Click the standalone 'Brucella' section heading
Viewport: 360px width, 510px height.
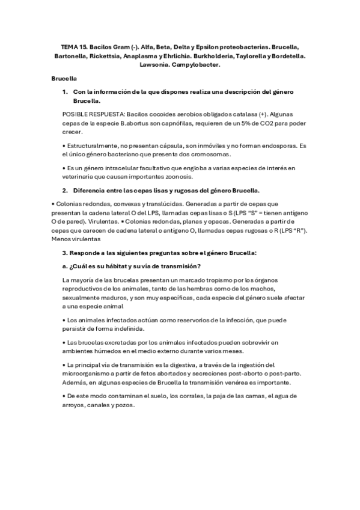pyautogui.click(x=64, y=78)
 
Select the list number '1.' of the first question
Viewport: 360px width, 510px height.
pyautogui.click(x=66, y=91)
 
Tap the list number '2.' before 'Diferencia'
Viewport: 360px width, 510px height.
pyautogui.click(x=66, y=190)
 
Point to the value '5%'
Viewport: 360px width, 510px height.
pyautogui.click(x=222, y=123)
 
